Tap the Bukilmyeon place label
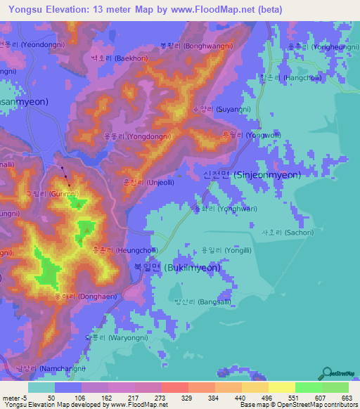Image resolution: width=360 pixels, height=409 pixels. click(177, 268)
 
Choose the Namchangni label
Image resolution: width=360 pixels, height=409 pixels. click(50, 368)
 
